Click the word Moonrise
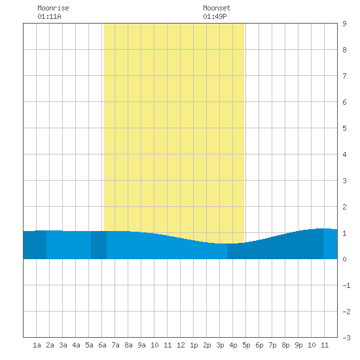(x=53, y=8)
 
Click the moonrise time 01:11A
(x=49, y=16)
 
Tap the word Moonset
(x=217, y=8)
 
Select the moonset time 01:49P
(x=215, y=16)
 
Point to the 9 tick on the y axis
(x=344, y=24)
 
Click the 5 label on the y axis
(x=344, y=128)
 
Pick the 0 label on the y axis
(x=344, y=259)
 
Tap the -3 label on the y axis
(x=346, y=338)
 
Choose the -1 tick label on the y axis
(x=346, y=285)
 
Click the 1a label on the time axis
(x=37, y=345)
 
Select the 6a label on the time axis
(x=102, y=345)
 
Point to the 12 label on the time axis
(x=181, y=345)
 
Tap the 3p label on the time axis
(x=220, y=345)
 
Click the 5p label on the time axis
(x=246, y=345)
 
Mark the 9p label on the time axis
(x=298, y=345)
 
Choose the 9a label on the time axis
(x=141, y=345)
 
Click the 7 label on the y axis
(x=344, y=76)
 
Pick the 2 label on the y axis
(x=344, y=207)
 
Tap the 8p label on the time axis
(x=285, y=345)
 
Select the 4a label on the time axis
(x=76, y=345)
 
